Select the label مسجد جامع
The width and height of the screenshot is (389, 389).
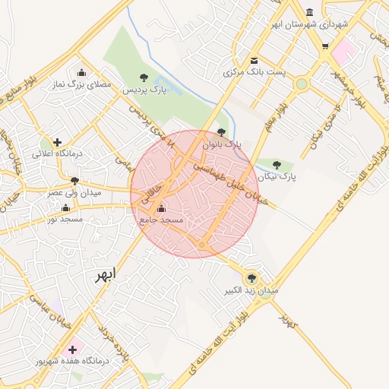coord(162,220)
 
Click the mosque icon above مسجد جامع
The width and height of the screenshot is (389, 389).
coord(160,208)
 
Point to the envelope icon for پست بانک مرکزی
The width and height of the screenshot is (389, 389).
coord(254,61)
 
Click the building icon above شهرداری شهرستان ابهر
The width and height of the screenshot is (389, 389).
coord(309,12)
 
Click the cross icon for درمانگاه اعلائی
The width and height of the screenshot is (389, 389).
coord(58,141)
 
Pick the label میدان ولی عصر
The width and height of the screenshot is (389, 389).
coord(74,193)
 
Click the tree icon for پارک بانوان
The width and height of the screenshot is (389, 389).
coord(221,132)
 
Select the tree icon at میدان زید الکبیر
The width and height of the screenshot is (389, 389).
coord(251,278)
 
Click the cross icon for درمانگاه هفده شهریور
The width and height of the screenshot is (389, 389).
coord(73,350)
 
